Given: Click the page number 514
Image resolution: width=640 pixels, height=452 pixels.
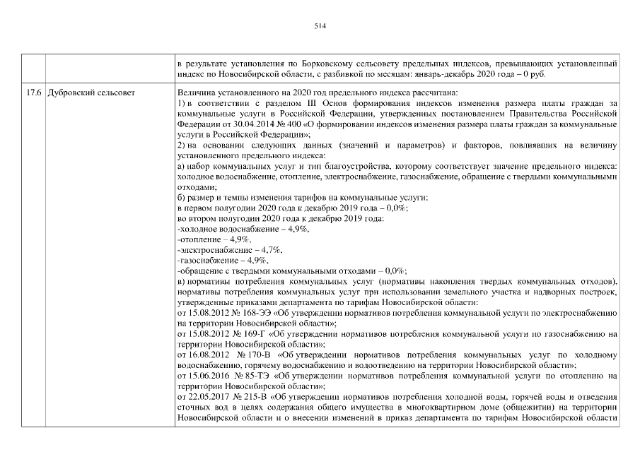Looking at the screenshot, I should click(x=320, y=25).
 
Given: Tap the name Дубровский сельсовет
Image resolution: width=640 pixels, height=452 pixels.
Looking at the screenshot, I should click(x=88, y=93).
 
